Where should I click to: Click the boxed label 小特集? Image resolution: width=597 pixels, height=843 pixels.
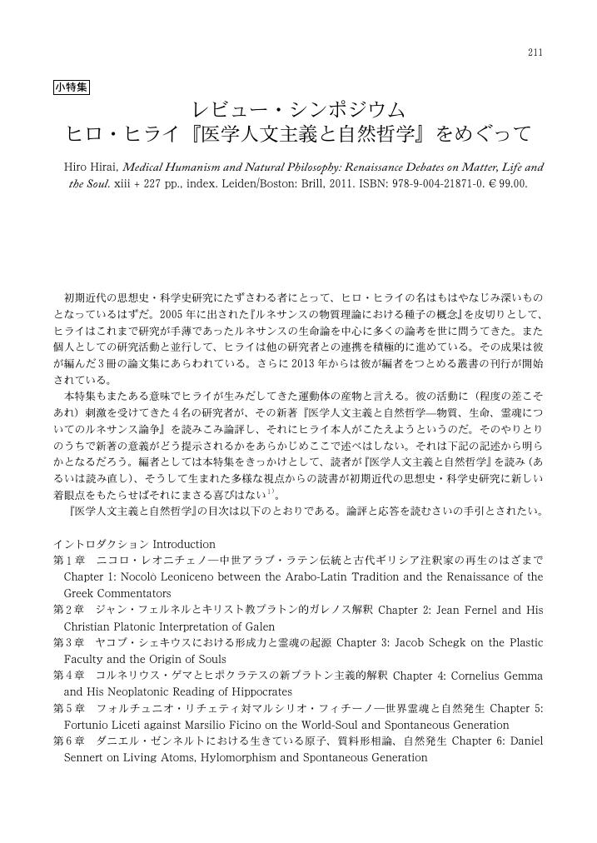(x=72, y=87)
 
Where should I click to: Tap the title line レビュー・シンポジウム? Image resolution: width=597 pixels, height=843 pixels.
(x=298, y=110)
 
